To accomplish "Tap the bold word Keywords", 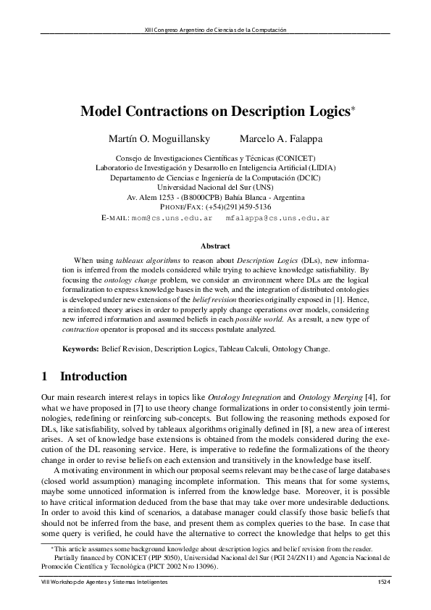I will click(x=80, y=348).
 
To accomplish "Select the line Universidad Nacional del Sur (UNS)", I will click(x=215, y=187).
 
